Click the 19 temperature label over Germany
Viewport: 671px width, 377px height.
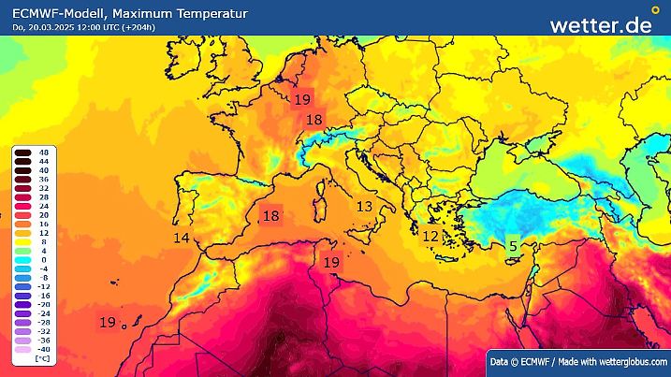[x=302, y=99]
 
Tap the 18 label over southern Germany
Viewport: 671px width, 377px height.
[x=314, y=120]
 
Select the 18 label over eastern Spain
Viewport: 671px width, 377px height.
[x=270, y=216]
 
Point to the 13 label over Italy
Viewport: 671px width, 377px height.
[x=364, y=206]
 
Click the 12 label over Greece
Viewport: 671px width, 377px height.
[x=430, y=236]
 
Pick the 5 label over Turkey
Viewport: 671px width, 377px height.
[x=512, y=246]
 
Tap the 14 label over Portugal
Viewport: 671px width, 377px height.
[x=182, y=239]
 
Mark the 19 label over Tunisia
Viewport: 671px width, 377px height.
[x=330, y=263]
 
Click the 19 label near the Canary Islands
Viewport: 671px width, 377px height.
[x=108, y=322]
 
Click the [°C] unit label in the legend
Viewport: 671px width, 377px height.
[x=42, y=358]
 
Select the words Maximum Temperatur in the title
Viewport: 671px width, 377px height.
[x=154, y=11]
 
